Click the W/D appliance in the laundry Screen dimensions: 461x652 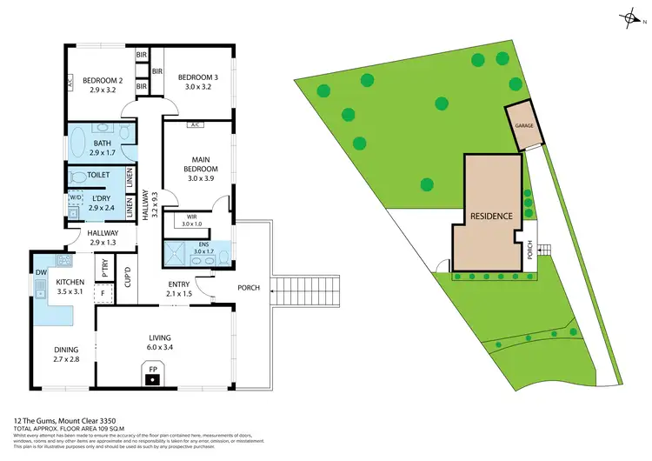(x=74, y=199)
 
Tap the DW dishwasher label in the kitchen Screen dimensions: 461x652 (x=42, y=272)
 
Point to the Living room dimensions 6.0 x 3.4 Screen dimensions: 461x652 (x=159, y=347)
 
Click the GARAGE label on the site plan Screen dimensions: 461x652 (x=523, y=125)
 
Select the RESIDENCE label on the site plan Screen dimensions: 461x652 (x=491, y=215)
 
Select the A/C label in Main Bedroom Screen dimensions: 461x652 (x=196, y=124)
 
